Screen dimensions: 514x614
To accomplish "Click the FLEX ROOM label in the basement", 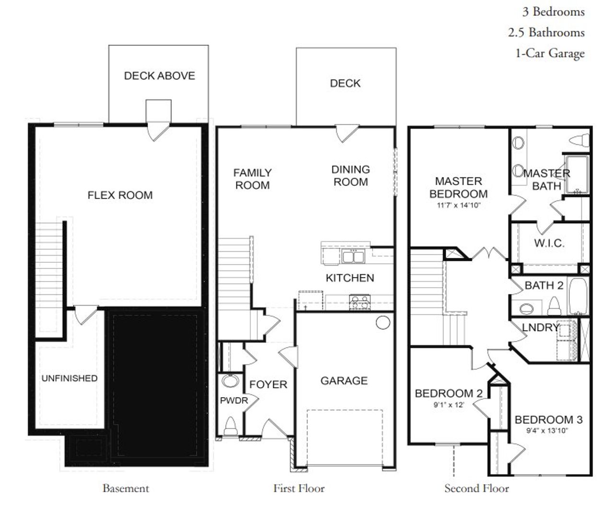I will [120, 196].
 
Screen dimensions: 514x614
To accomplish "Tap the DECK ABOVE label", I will [159, 76].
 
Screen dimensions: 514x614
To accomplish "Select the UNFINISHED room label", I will [69, 379].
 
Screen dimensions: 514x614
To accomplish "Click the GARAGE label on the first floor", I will [344, 381].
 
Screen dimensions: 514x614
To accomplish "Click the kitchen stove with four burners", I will [360, 303].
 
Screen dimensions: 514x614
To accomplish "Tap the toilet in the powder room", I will [230, 426].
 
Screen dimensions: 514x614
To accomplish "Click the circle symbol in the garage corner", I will [382, 323].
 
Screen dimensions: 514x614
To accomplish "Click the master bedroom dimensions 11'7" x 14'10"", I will [458, 205].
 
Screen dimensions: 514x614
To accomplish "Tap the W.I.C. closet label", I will [549, 243].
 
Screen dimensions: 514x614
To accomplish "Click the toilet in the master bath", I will [579, 140].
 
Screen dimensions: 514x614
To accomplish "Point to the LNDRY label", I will [541, 328].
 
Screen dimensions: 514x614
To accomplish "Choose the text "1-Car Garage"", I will [550, 53].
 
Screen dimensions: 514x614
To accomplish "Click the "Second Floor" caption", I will [476, 489].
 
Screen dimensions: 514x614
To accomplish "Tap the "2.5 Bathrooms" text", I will [546, 32].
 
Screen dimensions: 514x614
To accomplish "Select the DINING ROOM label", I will [351, 176].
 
